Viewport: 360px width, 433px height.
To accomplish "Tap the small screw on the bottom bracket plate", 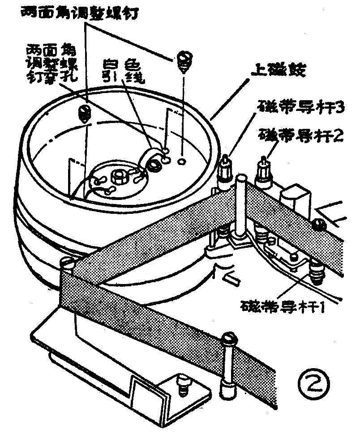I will click(x=182, y=385).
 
